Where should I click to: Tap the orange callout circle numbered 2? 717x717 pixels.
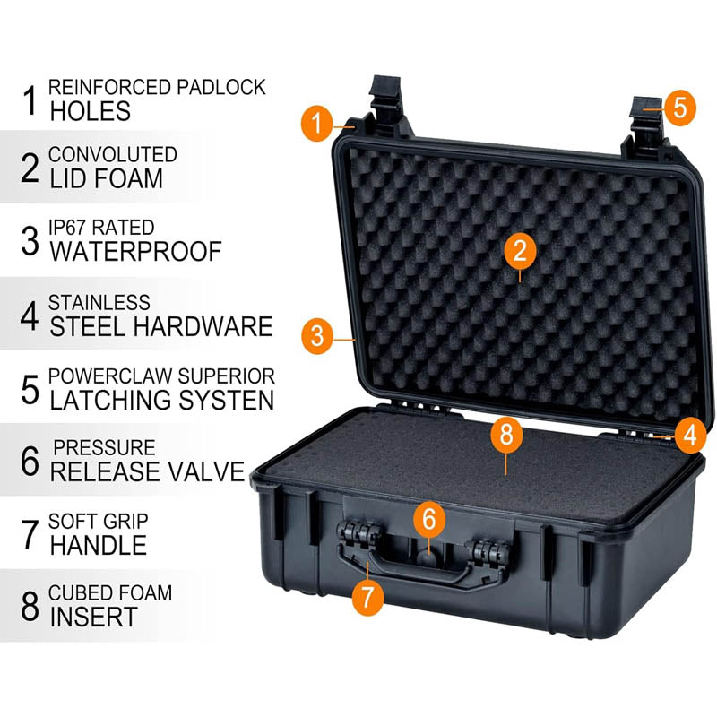pyautogui.click(x=520, y=251)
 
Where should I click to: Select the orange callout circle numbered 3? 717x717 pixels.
pyautogui.click(x=317, y=336)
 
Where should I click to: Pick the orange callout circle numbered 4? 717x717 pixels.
pyautogui.click(x=688, y=436)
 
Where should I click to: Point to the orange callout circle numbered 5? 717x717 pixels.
pyautogui.click(x=679, y=108)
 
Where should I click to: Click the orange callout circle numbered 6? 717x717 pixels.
pyautogui.click(x=429, y=519)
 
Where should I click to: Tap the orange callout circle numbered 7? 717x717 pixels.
pyautogui.click(x=367, y=596)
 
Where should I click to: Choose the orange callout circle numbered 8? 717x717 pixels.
pyautogui.click(x=506, y=436)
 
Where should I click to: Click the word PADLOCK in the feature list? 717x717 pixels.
pyautogui.click(x=220, y=87)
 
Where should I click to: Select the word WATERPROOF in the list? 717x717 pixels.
pyautogui.click(x=135, y=251)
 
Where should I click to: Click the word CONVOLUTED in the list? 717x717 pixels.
pyautogui.click(x=113, y=155)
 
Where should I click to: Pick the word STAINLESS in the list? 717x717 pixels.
pyautogui.click(x=99, y=303)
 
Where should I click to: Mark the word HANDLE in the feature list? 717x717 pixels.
pyautogui.click(x=99, y=544)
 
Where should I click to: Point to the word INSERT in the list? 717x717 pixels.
pyautogui.click(x=94, y=617)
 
